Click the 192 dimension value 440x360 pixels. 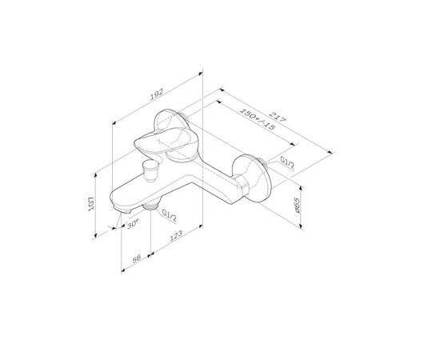click(156, 94)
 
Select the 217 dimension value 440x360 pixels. click(278, 117)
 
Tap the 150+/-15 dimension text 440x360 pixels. click(257, 119)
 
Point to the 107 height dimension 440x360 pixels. click(91, 204)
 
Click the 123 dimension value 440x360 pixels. click(176, 236)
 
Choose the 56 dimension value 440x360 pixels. click(136, 258)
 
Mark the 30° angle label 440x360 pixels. click(133, 225)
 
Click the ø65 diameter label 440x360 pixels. click(297, 205)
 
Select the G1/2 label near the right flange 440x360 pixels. click(288, 162)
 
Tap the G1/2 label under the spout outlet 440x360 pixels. click(170, 215)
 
